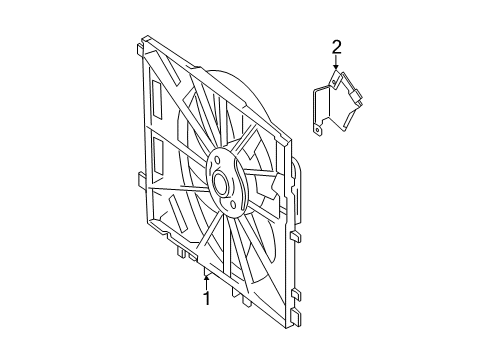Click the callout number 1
click(207, 298)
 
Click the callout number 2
click(336, 47)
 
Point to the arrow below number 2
click(336, 62)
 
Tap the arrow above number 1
click(207, 283)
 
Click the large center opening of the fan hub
click(220, 184)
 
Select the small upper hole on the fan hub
click(217, 161)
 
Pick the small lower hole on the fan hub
click(233, 204)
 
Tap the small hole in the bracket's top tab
click(334, 81)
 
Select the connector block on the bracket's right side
click(356, 96)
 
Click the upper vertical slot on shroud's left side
click(156, 99)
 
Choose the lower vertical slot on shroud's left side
click(157, 156)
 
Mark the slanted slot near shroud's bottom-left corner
click(178, 214)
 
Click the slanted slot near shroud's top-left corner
click(171, 70)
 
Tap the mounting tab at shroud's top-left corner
click(140, 48)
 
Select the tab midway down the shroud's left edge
click(142, 180)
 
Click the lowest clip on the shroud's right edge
click(296, 315)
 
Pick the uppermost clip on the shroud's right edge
click(295, 237)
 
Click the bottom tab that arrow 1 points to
click(207, 272)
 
